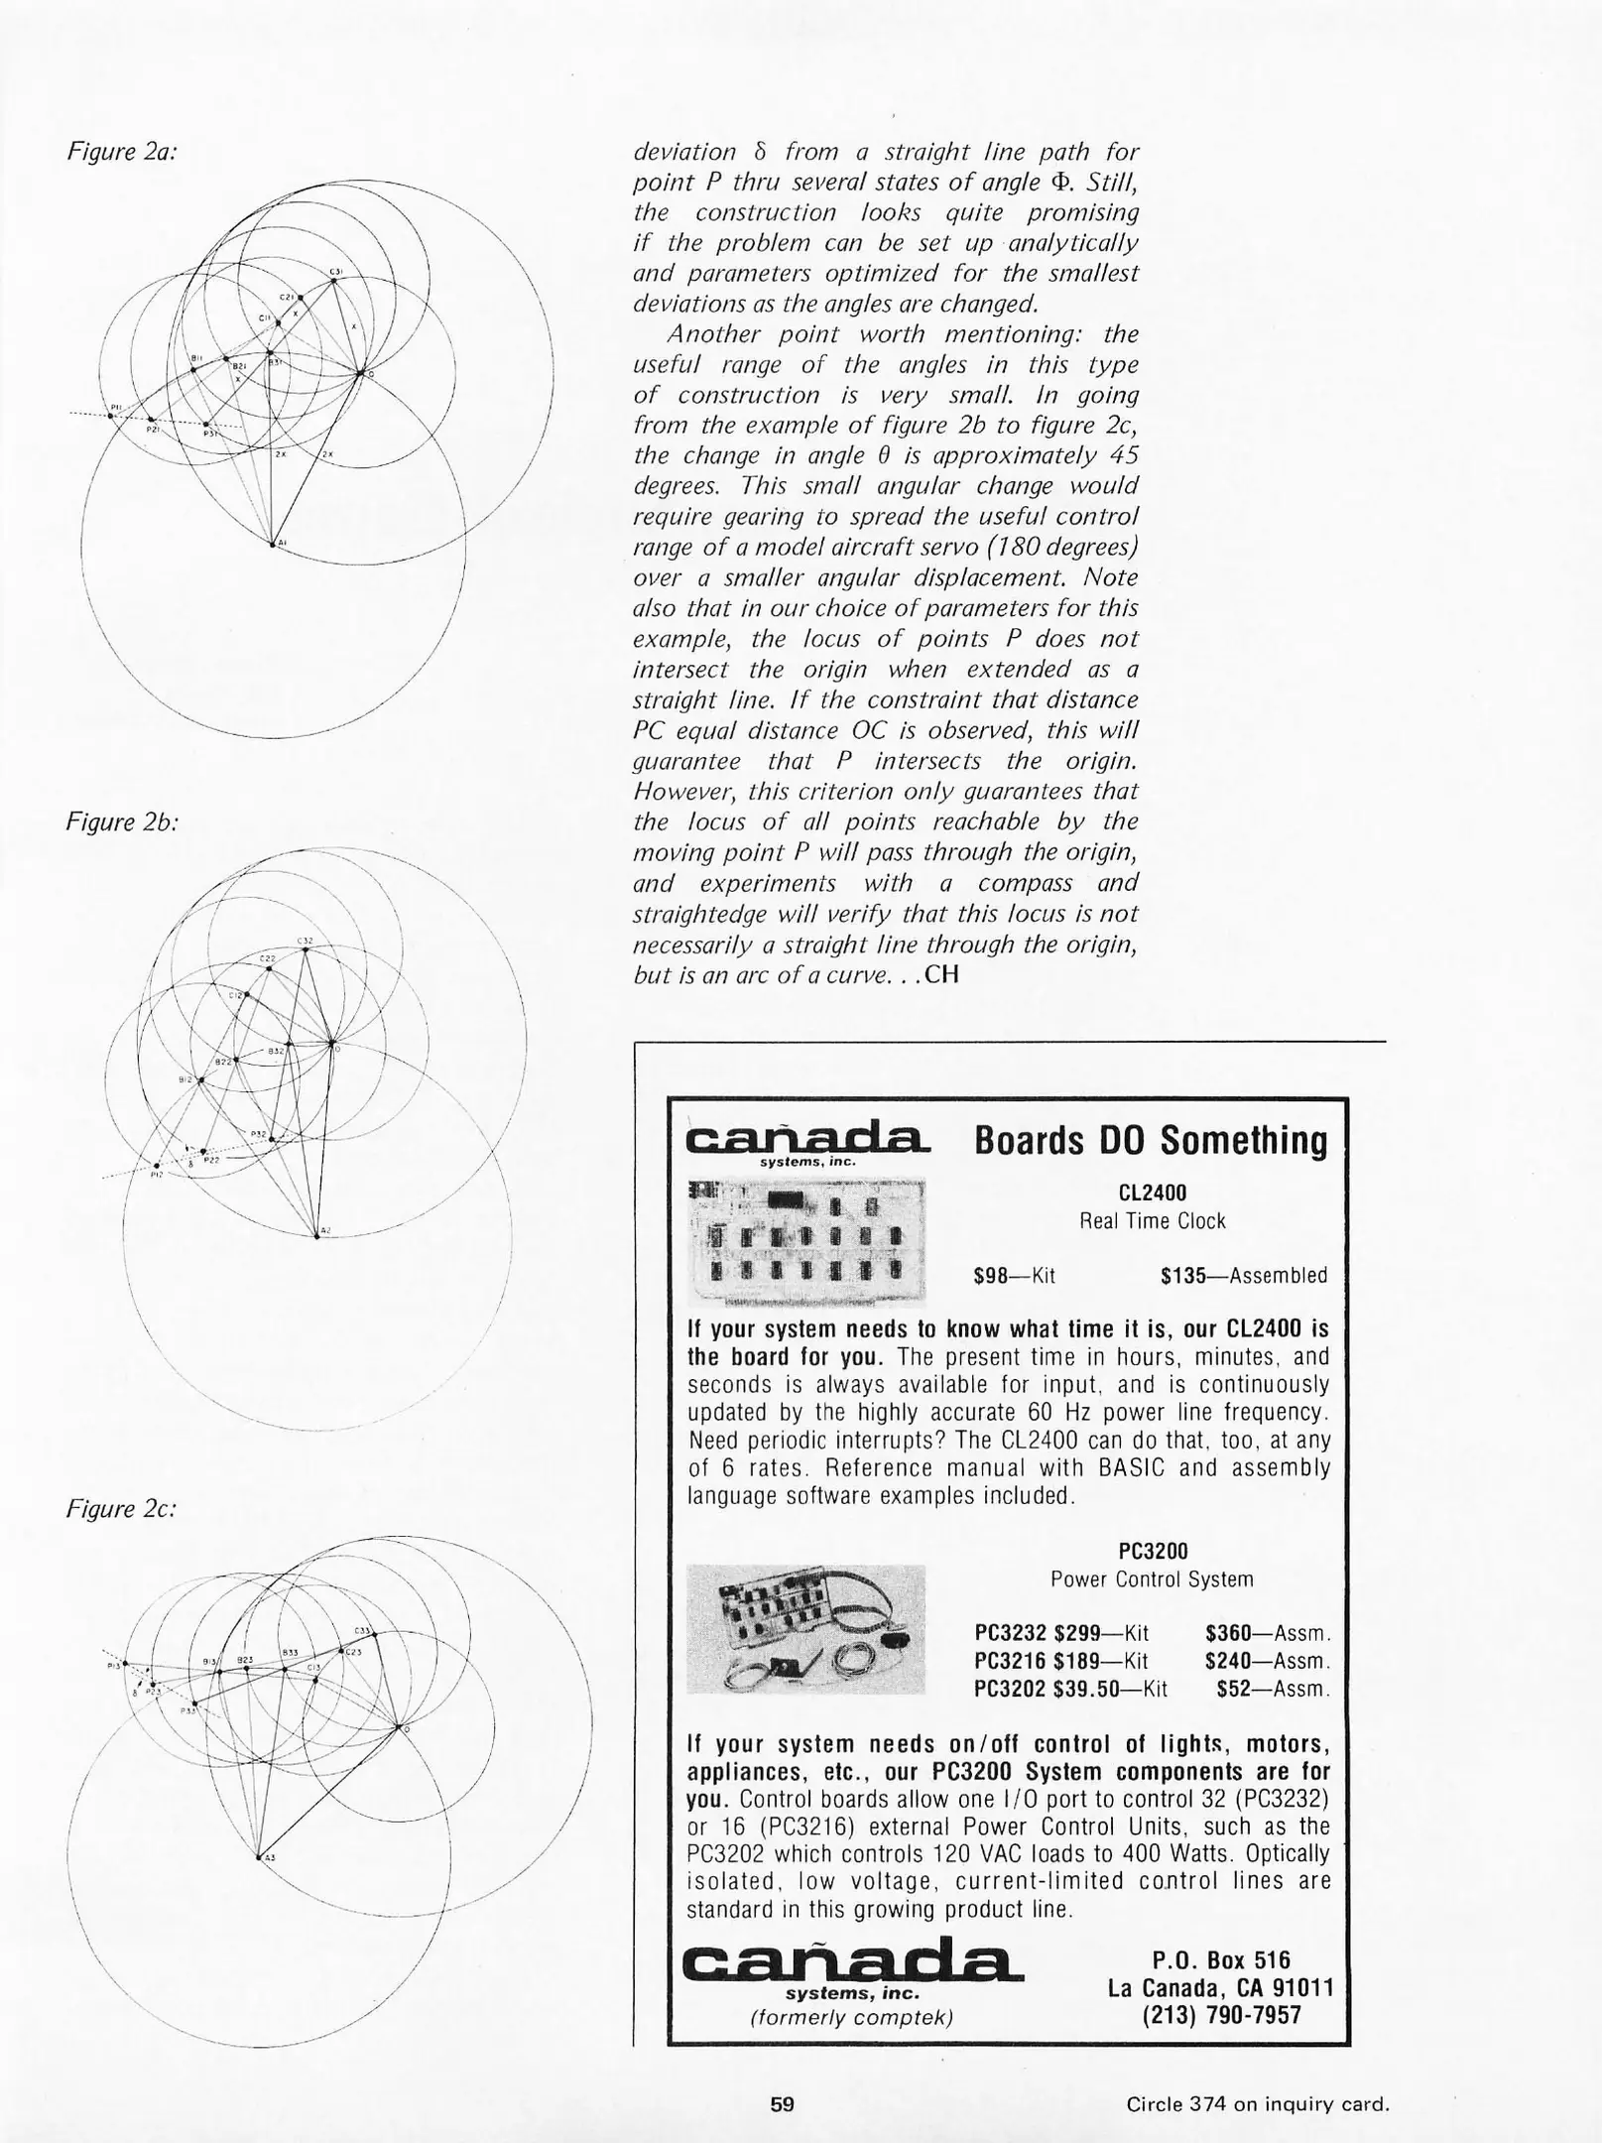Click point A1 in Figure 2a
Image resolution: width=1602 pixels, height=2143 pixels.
coord(273,543)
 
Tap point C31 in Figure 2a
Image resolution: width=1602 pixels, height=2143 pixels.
coord(334,280)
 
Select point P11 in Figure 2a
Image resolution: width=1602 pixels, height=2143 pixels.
coord(110,416)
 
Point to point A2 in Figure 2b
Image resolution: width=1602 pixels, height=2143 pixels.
coord(316,1235)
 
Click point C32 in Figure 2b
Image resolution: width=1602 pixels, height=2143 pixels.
coord(306,949)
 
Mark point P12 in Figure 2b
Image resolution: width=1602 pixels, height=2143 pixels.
coord(157,1166)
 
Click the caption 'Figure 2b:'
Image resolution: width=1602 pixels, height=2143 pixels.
coord(121,821)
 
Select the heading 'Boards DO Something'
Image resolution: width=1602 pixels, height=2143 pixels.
coord(1151,1141)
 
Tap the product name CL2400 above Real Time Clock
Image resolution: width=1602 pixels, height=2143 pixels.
coord(1152,1193)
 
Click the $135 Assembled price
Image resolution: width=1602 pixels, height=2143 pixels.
coord(1243,1276)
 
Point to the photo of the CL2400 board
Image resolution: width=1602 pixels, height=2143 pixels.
coord(805,1241)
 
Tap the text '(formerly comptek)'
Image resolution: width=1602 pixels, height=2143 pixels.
coord(852,2017)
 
